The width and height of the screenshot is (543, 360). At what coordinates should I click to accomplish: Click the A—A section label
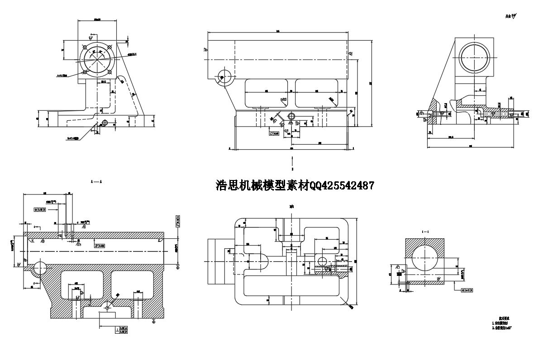pyautogui.click(x=96, y=181)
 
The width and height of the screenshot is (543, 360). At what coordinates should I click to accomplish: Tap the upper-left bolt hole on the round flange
pyautogui.click(x=85, y=47)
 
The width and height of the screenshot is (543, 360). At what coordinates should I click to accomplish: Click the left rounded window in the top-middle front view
pyautogui.click(x=267, y=92)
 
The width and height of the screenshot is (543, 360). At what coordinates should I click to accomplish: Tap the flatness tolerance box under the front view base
pyautogui.click(x=273, y=134)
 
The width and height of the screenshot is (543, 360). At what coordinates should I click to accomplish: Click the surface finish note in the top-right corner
pyautogui.click(x=511, y=17)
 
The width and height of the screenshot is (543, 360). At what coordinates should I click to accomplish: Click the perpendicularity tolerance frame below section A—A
pyautogui.click(x=121, y=329)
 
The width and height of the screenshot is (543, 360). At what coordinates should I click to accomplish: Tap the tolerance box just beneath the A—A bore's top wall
pyautogui.click(x=100, y=246)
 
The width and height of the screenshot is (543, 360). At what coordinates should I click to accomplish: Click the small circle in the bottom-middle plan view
pyautogui.click(x=323, y=261)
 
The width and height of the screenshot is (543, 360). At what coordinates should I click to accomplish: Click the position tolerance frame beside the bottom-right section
pyautogui.click(x=467, y=289)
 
